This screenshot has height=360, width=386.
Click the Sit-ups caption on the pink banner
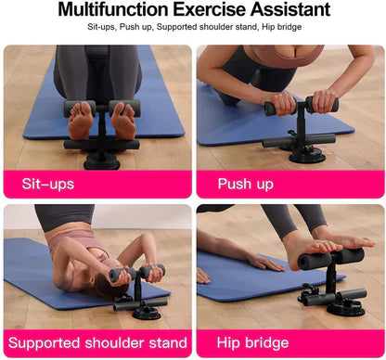(48, 184)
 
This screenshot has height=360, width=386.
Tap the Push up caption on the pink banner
(247, 184)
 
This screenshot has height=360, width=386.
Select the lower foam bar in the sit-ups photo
(101, 144)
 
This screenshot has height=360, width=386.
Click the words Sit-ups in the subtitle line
(104, 27)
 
